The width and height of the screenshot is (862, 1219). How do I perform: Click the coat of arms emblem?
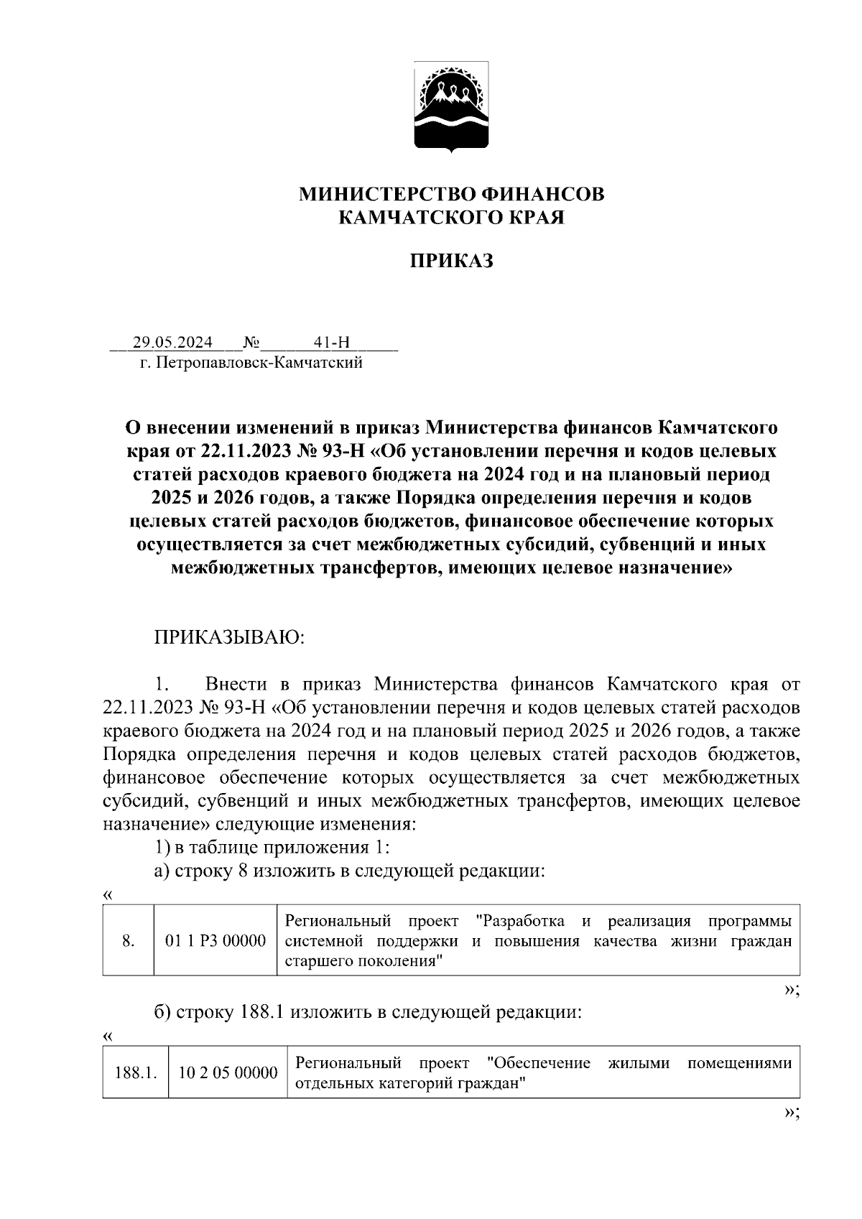[x=451, y=106]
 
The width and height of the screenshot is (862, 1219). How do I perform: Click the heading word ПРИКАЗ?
[x=451, y=261]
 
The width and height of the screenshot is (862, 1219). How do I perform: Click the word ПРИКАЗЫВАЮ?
[x=229, y=638]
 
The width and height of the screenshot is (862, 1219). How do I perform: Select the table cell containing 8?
[x=129, y=940]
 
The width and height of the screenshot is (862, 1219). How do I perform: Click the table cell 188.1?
[x=136, y=1073]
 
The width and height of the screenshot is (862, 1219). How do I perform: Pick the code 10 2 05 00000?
[x=228, y=1073]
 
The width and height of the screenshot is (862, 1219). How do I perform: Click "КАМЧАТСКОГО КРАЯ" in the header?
[x=451, y=217]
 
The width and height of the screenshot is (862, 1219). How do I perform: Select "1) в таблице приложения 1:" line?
[x=272, y=848]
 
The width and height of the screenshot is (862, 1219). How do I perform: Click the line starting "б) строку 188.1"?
[x=368, y=1013]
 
